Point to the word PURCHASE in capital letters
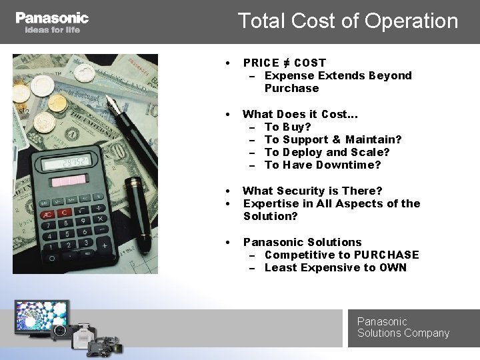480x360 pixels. (386, 255)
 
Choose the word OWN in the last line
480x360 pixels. (393, 267)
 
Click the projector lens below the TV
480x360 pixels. (59, 331)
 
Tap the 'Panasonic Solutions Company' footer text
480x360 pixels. (403, 327)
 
